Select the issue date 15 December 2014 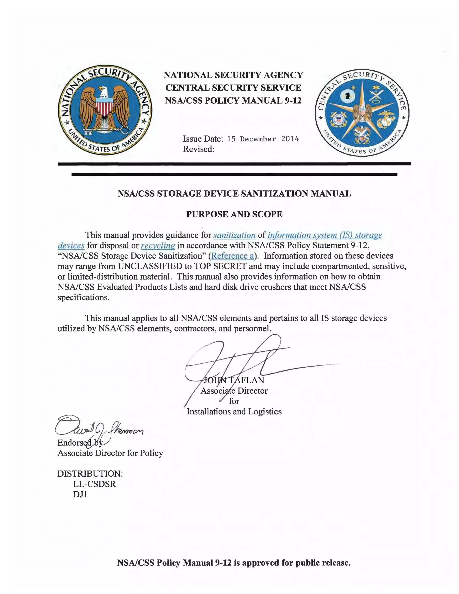click(x=263, y=139)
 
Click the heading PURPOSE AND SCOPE click(x=234, y=214)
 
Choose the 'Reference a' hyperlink click(x=232, y=256)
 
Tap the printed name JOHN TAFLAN click(x=234, y=380)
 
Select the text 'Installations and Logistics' click(x=234, y=412)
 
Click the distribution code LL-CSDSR click(x=94, y=484)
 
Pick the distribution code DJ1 click(x=80, y=494)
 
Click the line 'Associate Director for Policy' click(x=110, y=453)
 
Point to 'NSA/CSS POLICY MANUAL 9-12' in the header click(x=233, y=101)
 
